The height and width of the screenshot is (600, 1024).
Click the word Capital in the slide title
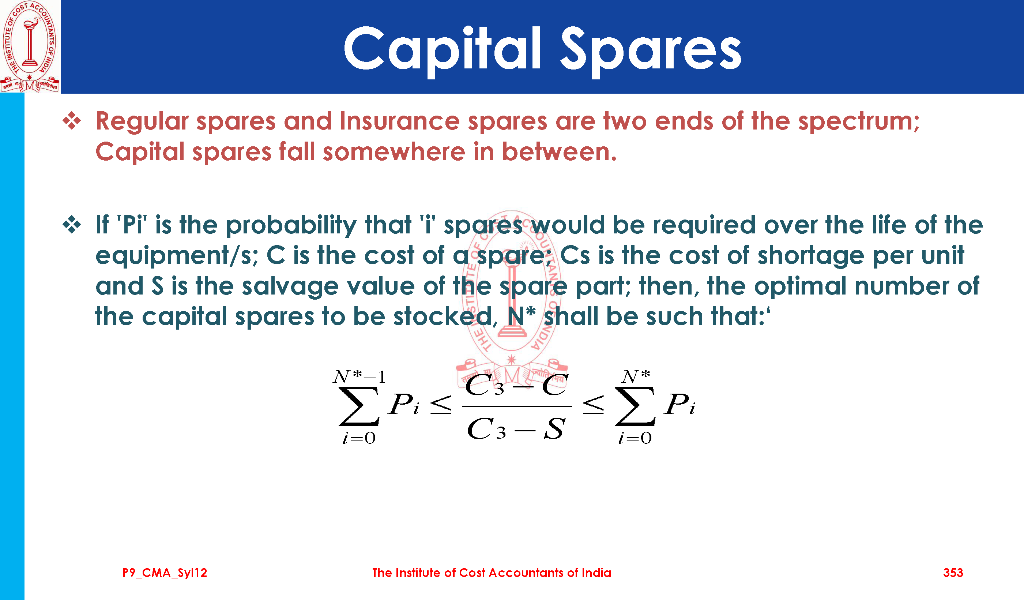pos(443,50)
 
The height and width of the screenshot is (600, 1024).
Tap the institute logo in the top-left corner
pos(30,46)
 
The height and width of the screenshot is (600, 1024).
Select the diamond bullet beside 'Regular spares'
pos(72,121)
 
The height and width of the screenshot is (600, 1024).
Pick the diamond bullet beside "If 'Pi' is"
pos(72,225)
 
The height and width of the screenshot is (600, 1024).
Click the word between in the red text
pos(559,151)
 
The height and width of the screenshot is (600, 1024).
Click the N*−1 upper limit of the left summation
pos(359,377)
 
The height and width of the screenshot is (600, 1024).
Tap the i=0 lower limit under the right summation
pos(635,438)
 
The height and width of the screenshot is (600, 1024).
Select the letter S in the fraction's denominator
pos(555,428)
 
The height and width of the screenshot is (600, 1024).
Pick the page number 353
pos(953,573)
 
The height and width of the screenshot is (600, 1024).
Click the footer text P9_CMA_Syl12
pos(165,573)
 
